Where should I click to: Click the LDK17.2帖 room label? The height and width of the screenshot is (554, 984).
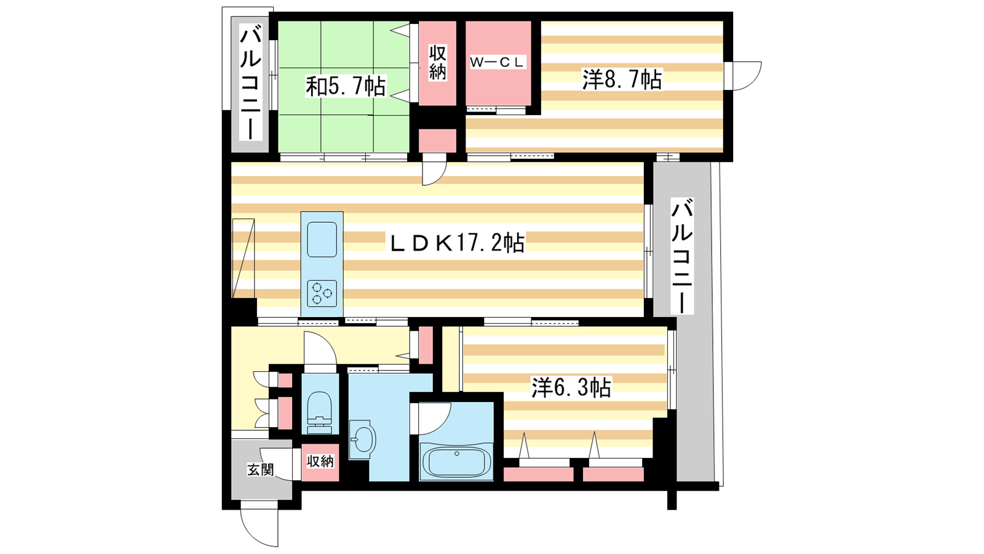458,243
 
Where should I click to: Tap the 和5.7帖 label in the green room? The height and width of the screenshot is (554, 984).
346,86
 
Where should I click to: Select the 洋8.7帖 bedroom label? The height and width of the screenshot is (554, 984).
622,79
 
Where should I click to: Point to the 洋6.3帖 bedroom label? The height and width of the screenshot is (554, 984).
571,387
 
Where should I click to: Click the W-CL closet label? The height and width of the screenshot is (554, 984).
497,62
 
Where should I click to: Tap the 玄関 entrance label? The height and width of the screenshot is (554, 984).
261,470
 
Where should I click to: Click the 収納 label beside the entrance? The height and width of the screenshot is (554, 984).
320,461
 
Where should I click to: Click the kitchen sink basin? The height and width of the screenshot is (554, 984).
322,239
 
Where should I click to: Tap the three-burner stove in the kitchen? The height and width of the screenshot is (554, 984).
322,293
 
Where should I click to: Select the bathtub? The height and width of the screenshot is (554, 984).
456,462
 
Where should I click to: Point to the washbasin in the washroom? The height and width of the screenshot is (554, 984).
362,440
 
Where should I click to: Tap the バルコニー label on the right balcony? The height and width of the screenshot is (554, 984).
682,256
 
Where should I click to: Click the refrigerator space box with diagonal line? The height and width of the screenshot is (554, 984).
244,259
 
